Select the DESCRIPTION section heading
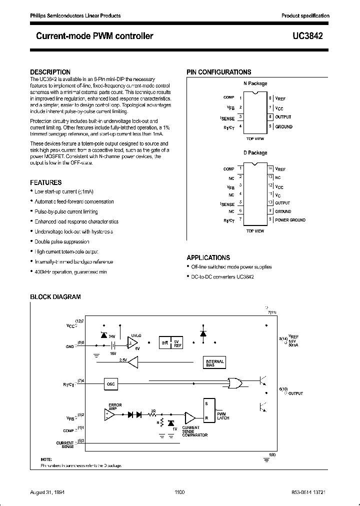pos(50,72)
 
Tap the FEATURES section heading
pos(46,183)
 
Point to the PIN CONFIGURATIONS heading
pos(219,72)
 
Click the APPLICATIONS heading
pos(208,257)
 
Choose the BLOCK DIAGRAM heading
pos(55,297)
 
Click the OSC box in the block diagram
pos(111,383)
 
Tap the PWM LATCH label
pos(222,416)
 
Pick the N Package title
pos(255,83)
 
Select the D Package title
pos(255,153)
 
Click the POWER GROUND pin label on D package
pos(290,220)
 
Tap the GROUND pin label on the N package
pos(284,126)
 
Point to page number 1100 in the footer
pos(180,492)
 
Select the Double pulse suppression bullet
pos(54,242)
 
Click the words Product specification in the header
pos(305,15)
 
